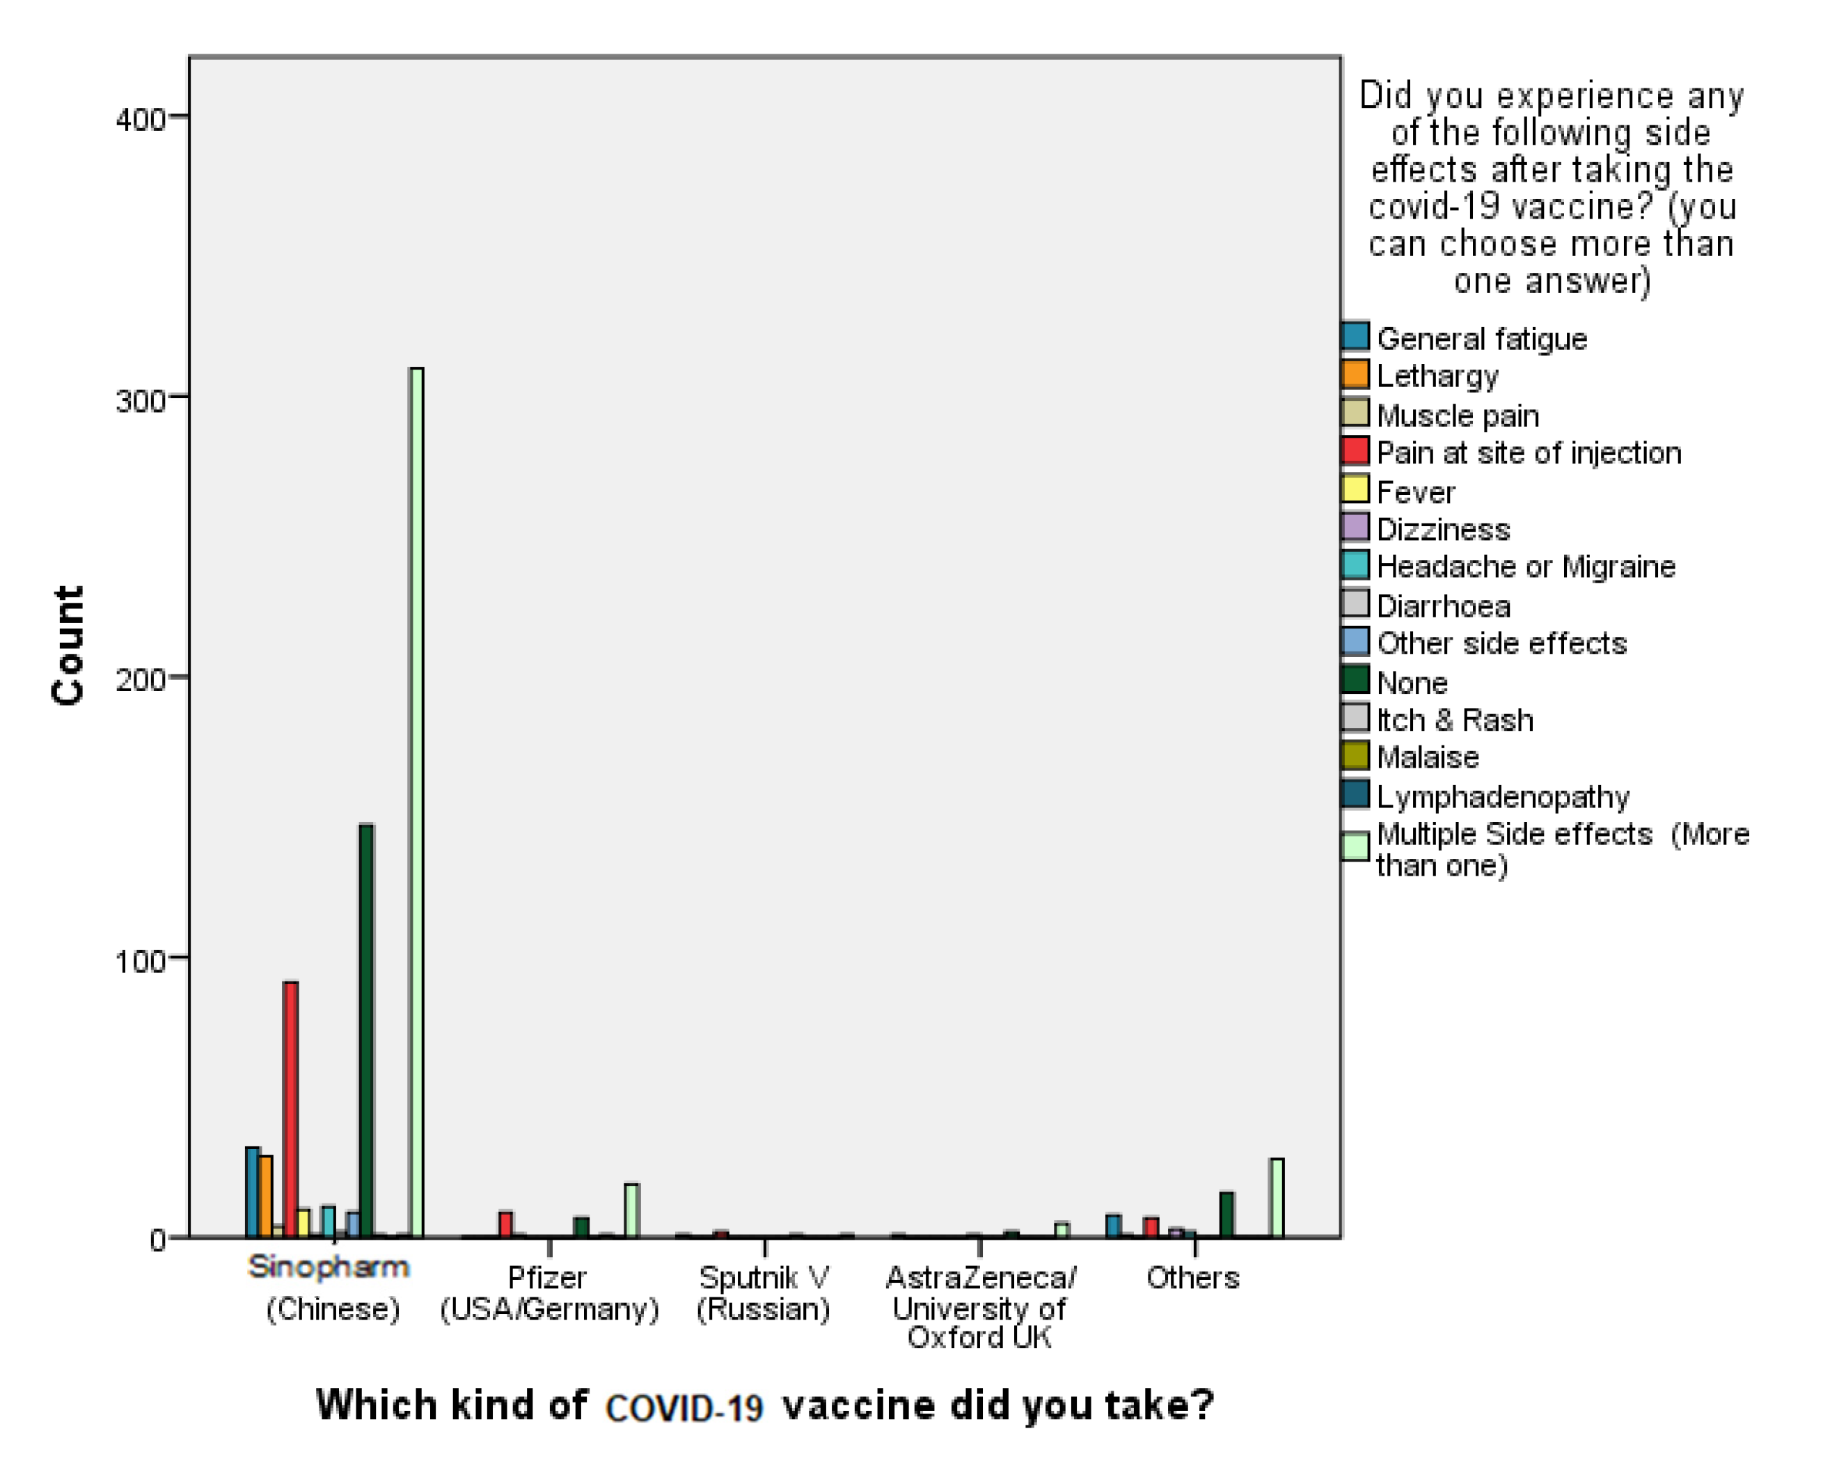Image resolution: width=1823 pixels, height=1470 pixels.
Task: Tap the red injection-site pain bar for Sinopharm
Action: (x=290, y=1109)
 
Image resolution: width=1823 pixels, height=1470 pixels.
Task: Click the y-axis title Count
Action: (x=68, y=645)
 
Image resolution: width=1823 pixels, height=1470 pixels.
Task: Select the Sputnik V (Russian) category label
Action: (x=764, y=1293)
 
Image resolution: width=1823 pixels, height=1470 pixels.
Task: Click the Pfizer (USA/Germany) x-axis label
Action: (x=549, y=1293)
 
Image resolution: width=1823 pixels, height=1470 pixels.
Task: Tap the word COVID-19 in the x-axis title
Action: (x=684, y=1407)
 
